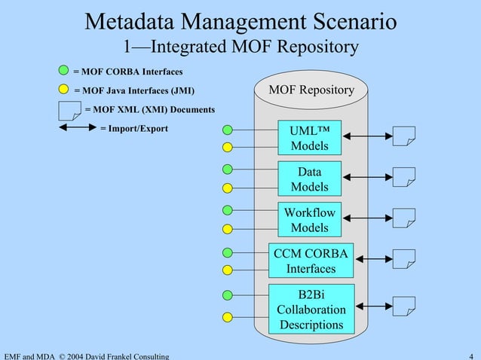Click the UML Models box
pyautogui.click(x=309, y=137)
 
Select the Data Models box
pyautogui.click(x=309, y=179)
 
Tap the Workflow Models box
pyautogui.click(x=309, y=220)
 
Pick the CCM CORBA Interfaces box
pyautogui.click(x=311, y=261)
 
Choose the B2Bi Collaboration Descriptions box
pyautogui.click(x=311, y=309)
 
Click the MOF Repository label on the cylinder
pyautogui.click(x=311, y=90)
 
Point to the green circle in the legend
pyautogui.click(x=65, y=72)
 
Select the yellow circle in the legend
pyautogui.click(x=65, y=91)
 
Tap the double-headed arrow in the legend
pyautogui.click(x=76, y=129)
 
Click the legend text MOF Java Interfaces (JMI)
pyautogui.click(x=134, y=92)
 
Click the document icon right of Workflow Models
pyautogui.click(x=404, y=218)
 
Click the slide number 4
pyautogui.click(x=470, y=355)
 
